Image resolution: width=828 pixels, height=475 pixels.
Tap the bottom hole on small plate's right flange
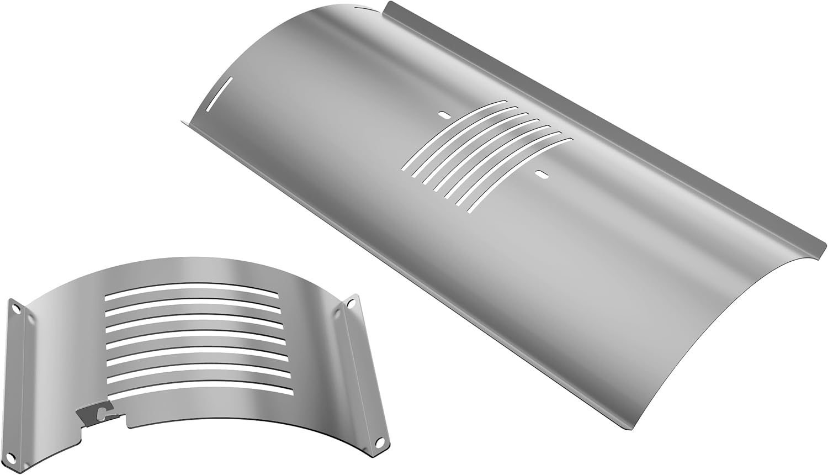point(379,442)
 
